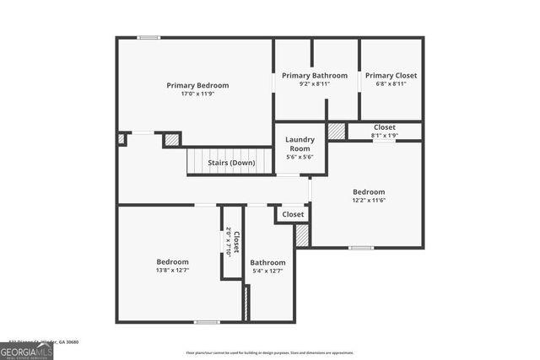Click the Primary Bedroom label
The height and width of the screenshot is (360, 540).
click(197, 85)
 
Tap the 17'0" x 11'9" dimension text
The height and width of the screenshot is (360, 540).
click(197, 94)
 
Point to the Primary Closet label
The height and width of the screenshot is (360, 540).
click(391, 76)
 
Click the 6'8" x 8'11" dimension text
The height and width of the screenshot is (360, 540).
click(391, 84)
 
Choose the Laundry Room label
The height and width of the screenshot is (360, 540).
click(300, 144)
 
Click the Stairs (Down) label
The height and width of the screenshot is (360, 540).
click(232, 163)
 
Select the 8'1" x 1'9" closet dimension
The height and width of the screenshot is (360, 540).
click(385, 135)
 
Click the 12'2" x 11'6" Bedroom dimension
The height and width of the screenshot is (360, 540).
click(369, 201)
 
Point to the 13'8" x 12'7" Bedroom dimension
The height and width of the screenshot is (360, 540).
click(172, 271)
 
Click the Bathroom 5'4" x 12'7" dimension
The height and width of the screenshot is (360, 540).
click(267, 271)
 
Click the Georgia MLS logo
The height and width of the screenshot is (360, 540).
click(27, 350)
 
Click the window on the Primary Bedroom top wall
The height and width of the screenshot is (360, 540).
click(149, 37)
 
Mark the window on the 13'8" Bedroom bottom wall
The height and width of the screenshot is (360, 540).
click(207, 321)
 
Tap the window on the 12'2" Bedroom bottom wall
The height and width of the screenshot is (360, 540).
click(361, 247)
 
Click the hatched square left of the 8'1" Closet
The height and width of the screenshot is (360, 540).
click(337, 132)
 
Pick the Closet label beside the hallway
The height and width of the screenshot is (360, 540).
click(293, 215)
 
